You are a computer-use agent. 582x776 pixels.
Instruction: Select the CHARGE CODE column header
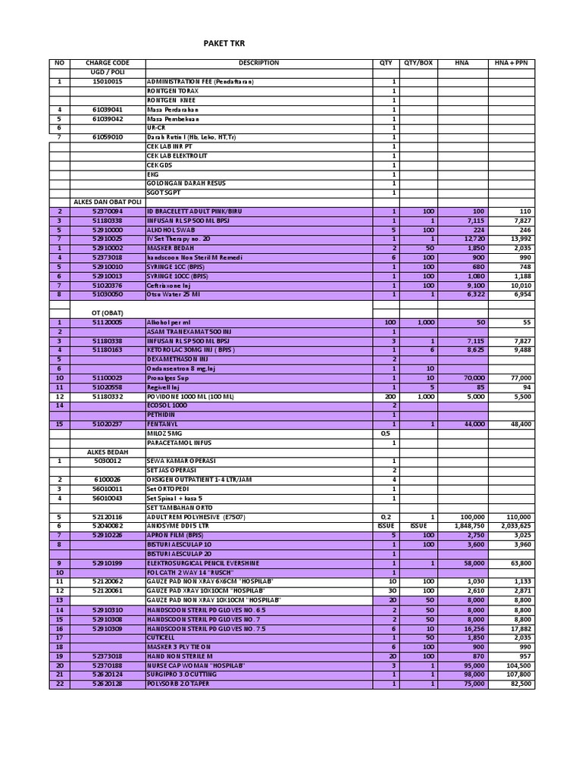click(108, 63)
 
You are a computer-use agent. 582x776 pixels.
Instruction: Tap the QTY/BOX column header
click(418, 63)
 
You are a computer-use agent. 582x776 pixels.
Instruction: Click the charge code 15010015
click(108, 82)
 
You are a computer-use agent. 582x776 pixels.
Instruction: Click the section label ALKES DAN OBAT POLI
click(108, 202)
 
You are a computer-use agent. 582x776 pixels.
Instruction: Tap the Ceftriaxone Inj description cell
click(169, 285)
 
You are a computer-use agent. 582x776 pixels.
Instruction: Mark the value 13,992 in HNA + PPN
click(522, 239)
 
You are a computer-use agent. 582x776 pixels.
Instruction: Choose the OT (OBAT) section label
click(108, 312)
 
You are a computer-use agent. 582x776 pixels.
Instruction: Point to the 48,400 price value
click(522, 424)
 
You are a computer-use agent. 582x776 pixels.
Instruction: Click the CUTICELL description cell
click(161, 637)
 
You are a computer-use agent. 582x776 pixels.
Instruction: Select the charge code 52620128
click(108, 684)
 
